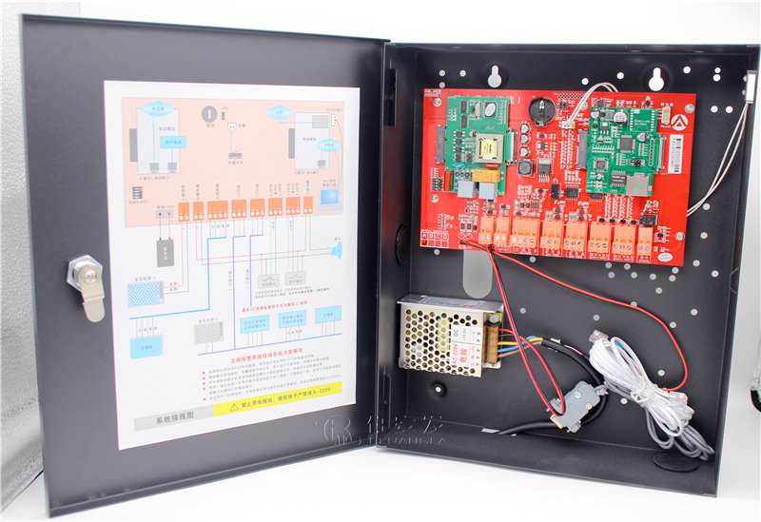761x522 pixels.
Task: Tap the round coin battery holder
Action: (x=538, y=106)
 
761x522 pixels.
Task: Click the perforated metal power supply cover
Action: (x=437, y=332)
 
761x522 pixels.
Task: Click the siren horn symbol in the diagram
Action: (x=335, y=251)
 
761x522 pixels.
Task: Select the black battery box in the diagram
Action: (x=166, y=250)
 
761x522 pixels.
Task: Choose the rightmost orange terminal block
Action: (x=644, y=242)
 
